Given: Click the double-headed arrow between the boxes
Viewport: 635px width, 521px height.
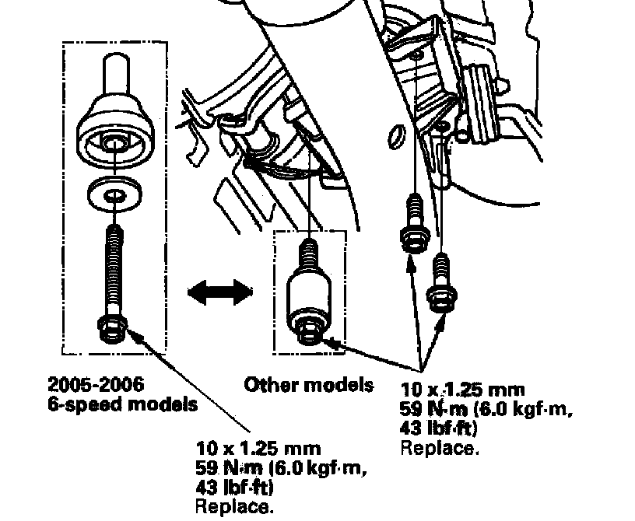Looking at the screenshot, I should [x=219, y=293].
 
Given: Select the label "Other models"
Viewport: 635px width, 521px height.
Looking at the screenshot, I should [x=309, y=384].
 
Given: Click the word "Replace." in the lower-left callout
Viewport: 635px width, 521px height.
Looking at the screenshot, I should [x=236, y=508].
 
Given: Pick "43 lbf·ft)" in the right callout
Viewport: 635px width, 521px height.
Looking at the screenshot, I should [x=439, y=428].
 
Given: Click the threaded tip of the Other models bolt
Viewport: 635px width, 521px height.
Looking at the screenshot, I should [x=310, y=250].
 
